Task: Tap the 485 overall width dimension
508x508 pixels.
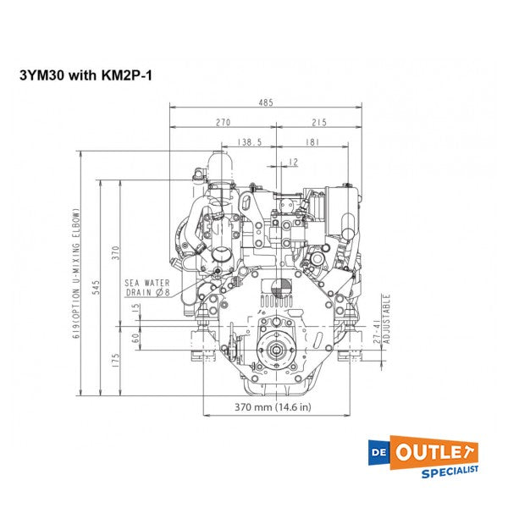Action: click(x=266, y=102)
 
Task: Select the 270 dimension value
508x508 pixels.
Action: click(x=222, y=123)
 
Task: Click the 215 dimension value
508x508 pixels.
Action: click(x=318, y=123)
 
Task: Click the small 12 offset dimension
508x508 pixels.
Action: click(x=293, y=162)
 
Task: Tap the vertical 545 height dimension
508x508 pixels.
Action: click(x=97, y=287)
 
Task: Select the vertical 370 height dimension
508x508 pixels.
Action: click(x=116, y=251)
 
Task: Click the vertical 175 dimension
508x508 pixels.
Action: click(x=116, y=359)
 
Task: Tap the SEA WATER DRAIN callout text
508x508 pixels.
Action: click(x=148, y=287)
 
